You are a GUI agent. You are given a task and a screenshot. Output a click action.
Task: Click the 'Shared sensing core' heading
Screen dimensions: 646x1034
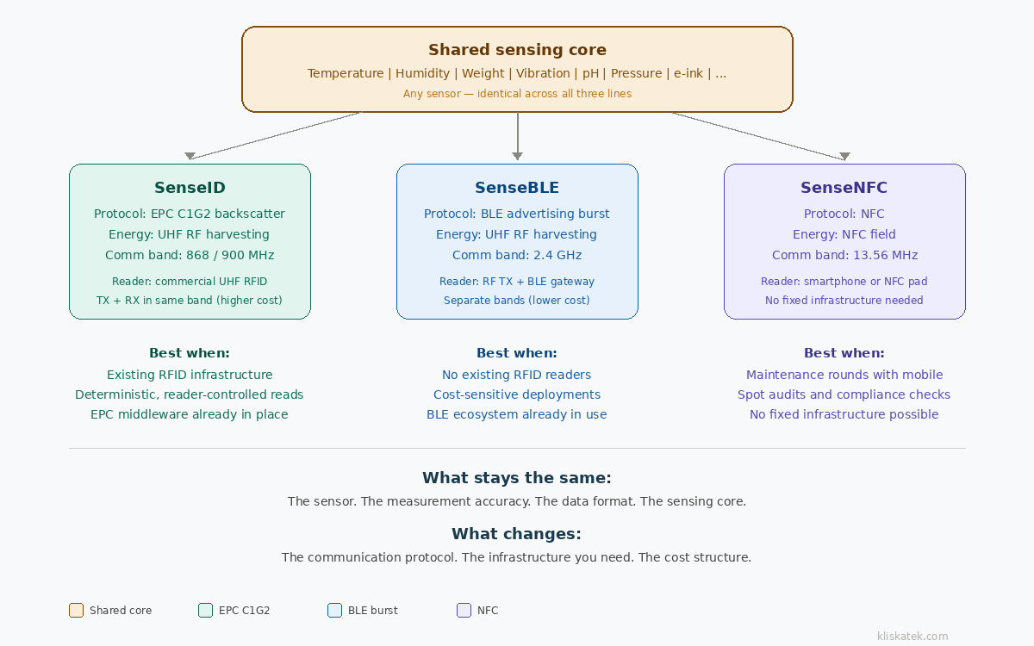pos(517,50)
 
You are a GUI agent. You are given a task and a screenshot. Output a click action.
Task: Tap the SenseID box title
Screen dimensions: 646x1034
pos(190,188)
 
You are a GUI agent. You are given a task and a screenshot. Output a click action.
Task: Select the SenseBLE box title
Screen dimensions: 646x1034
pos(517,188)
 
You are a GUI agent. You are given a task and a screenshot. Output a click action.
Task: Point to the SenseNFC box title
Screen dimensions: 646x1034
pos(844,188)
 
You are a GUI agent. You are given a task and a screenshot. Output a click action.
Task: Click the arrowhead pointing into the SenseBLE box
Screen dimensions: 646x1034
pos(517,156)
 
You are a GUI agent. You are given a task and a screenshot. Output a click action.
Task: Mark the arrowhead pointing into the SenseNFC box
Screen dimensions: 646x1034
pos(844,156)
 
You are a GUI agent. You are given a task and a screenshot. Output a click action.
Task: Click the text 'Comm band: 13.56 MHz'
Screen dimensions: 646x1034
pos(844,255)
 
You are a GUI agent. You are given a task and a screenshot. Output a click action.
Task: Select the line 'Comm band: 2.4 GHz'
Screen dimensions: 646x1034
pos(517,255)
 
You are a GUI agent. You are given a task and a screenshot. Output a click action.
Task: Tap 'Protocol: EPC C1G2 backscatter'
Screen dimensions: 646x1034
pos(190,214)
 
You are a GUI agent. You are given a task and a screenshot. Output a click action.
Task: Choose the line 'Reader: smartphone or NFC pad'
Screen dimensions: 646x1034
pos(844,282)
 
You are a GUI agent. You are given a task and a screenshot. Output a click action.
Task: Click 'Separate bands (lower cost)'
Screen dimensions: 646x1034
pos(517,301)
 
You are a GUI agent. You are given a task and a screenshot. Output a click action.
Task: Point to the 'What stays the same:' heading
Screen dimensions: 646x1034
pos(517,478)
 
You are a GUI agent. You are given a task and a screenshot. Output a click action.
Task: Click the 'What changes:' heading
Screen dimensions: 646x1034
pos(517,534)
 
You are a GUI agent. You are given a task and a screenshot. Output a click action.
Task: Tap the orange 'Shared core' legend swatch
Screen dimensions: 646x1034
pos(77,611)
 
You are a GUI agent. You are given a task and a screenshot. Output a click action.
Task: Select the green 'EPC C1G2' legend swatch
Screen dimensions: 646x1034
pos(205,611)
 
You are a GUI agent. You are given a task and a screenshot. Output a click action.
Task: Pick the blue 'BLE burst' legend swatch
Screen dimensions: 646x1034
pos(335,611)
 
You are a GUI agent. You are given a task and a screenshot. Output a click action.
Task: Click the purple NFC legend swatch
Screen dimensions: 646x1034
pos(464,611)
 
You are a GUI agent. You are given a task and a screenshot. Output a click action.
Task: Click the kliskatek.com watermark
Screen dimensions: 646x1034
pos(913,637)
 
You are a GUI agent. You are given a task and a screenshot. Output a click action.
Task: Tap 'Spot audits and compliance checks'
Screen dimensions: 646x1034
pos(844,394)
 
